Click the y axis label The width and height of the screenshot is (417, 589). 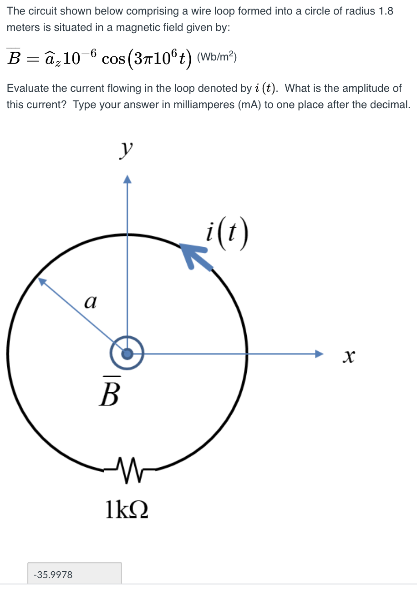coord(126,151)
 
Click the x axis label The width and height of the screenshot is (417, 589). coord(349,357)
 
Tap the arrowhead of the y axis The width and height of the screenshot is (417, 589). coord(127,179)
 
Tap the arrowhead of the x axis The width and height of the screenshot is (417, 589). coord(319,354)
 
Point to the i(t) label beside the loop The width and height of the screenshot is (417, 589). coord(227,233)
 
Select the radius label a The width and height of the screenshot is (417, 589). coord(90,302)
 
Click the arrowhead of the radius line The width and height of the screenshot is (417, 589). coord(42,281)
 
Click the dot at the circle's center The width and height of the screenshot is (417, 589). coord(127,354)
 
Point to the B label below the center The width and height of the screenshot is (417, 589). coord(110,391)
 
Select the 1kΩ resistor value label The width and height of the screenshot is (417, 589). coord(127,509)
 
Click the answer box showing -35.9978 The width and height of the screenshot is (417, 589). coord(75,574)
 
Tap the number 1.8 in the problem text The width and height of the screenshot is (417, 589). coord(386,11)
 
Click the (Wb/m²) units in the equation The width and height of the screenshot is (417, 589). coord(217,56)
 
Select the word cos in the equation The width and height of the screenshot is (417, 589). coord(113,59)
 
